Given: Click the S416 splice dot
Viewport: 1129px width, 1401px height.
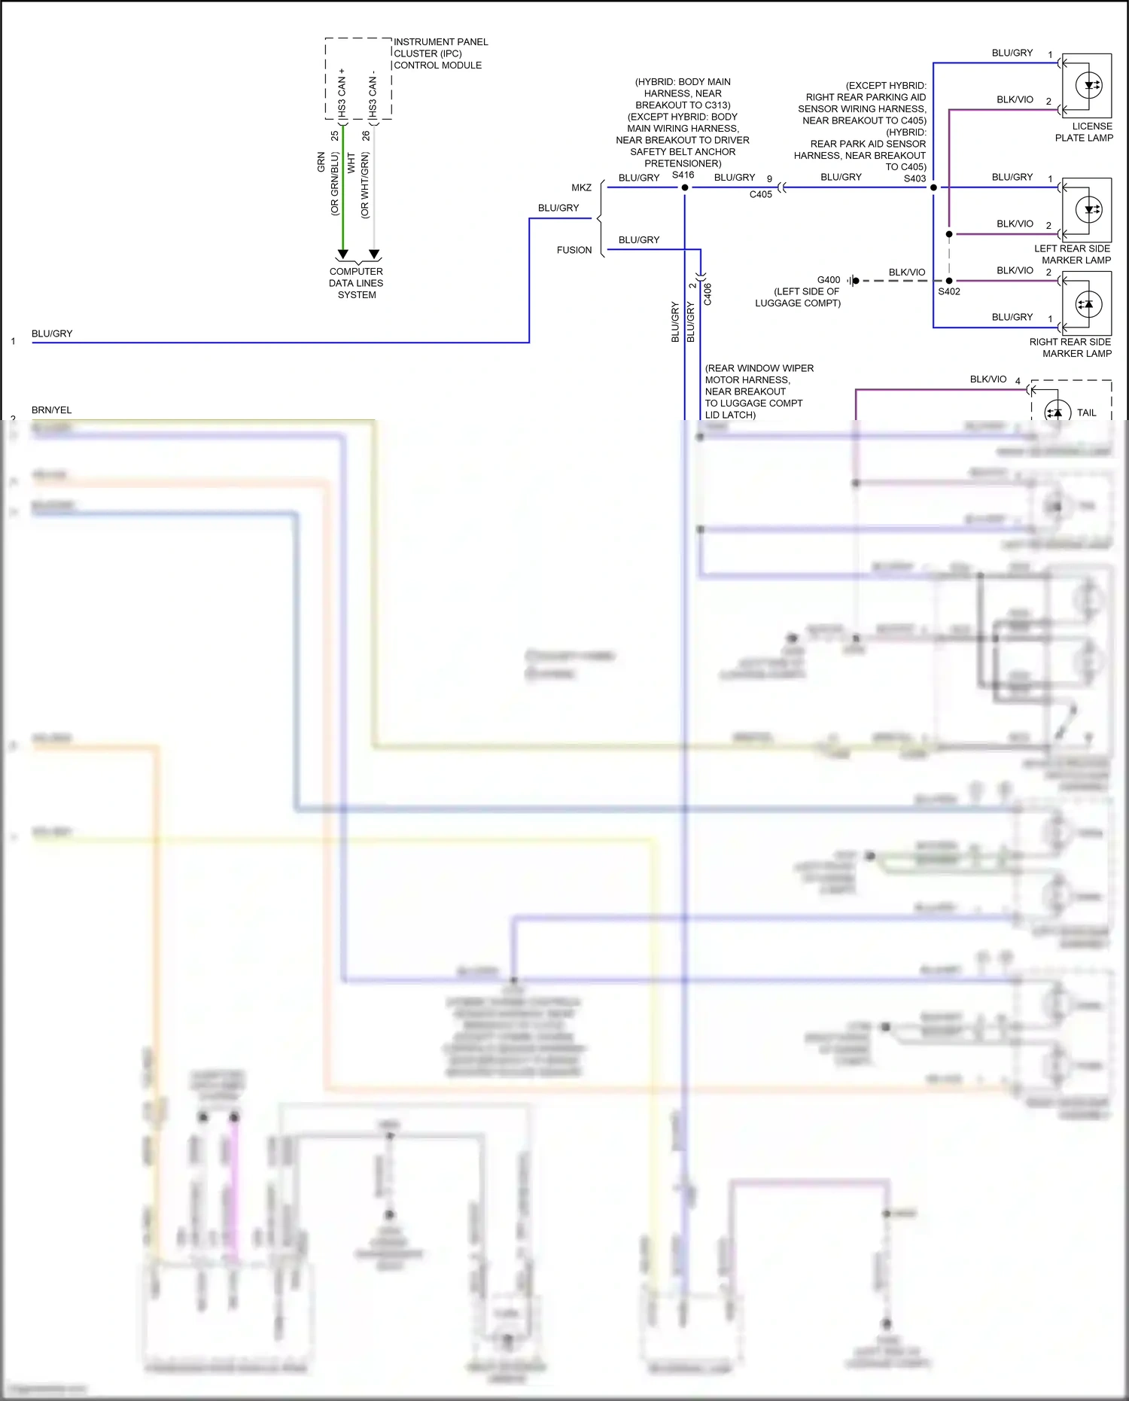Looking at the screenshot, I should coord(685,187).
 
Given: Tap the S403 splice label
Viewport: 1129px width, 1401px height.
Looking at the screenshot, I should coord(914,178).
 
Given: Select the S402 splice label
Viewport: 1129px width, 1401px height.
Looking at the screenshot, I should coord(948,291).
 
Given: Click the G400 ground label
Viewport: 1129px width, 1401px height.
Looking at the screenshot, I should coord(828,279).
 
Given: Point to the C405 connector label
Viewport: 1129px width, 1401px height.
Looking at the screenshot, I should coord(760,194).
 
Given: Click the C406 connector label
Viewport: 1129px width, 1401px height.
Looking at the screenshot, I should coord(708,294).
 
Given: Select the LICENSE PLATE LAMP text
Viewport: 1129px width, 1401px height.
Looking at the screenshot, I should coord(1084,132).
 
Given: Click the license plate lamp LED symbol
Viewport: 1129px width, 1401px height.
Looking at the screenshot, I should coord(1089,86).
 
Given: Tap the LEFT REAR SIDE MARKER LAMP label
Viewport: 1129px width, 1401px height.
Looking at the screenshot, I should coord(1072,254).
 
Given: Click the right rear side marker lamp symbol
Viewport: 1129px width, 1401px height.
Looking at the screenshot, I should coord(1087,304).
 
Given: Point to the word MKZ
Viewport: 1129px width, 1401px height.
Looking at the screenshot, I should coord(581,187).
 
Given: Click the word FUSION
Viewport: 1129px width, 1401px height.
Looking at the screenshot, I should coord(574,250).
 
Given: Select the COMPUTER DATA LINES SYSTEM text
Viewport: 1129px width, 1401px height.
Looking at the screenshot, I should coord(356,283).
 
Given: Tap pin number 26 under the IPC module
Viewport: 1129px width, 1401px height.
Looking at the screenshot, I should coord(366,136).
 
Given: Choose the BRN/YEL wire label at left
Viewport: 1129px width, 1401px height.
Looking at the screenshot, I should coord(51,410).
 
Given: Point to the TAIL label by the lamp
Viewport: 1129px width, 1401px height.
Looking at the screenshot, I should coord(1086,413).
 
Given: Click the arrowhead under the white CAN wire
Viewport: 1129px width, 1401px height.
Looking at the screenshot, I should coord(374,254).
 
